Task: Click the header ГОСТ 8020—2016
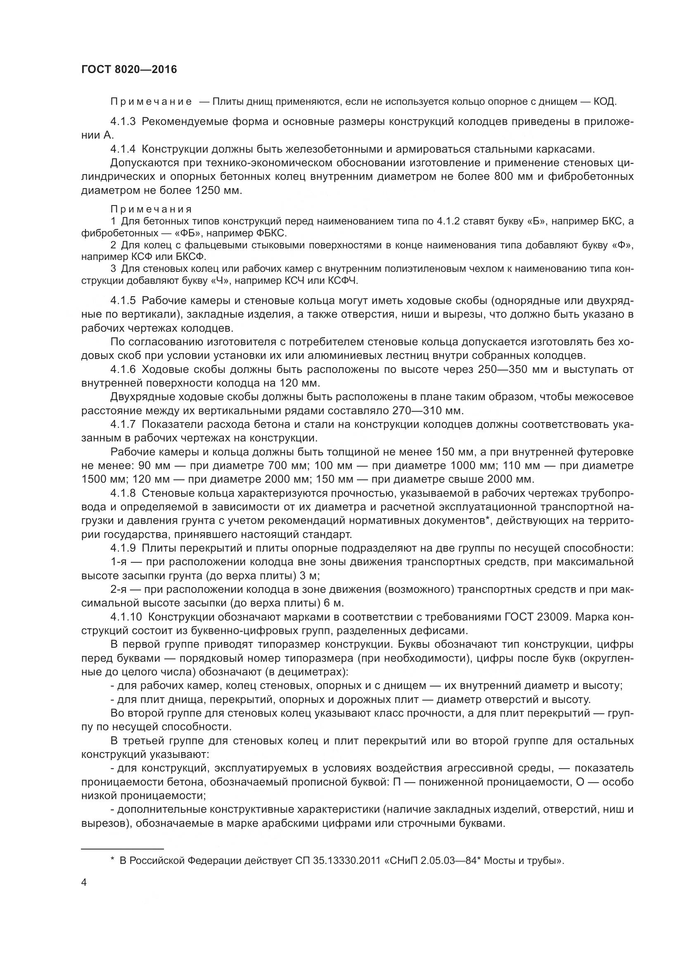[x=129, y=69]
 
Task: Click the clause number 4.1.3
[x=123, y=122]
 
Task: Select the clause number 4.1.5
[x=123, y=300]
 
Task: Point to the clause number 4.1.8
[x=123, y=493]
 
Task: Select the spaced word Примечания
[x=151, y=209]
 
